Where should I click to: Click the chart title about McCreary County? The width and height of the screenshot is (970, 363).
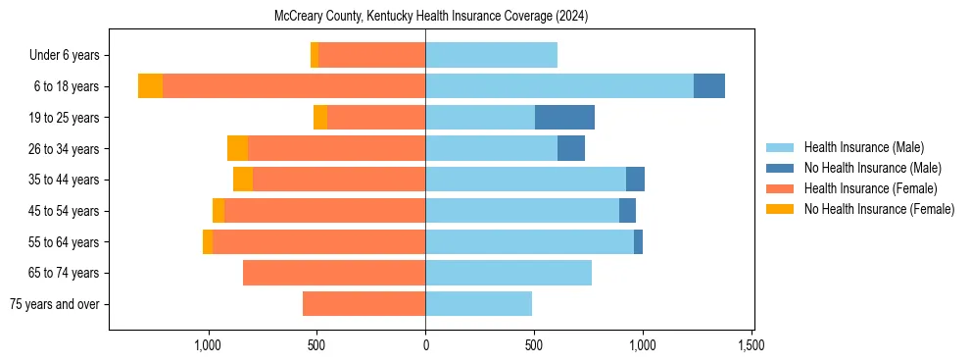point(425,16)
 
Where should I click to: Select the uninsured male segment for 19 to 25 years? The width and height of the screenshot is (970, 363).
point(564,118)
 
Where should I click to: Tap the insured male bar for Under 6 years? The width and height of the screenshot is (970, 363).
point(491,55)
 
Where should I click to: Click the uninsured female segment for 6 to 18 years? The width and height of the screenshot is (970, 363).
point(150,86)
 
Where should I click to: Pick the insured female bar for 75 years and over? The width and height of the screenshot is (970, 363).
point(364,304)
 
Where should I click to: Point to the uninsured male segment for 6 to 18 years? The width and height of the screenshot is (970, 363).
point(709,86)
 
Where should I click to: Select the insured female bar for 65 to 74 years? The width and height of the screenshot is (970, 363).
point(334,273)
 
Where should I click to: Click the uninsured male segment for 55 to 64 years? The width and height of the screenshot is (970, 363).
point(638,242)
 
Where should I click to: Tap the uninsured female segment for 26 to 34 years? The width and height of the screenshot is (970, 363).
point(237,148)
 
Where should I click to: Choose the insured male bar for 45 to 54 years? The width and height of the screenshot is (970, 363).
point(522,211)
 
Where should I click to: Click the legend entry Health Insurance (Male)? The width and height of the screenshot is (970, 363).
point(863,147)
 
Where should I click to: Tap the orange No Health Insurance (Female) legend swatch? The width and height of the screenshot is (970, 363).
point(780,209)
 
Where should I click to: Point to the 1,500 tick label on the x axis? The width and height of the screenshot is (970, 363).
point(752,345)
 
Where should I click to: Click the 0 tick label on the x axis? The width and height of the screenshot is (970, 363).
point(425,345)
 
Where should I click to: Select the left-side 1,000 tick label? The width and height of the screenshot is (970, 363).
point(208,345)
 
